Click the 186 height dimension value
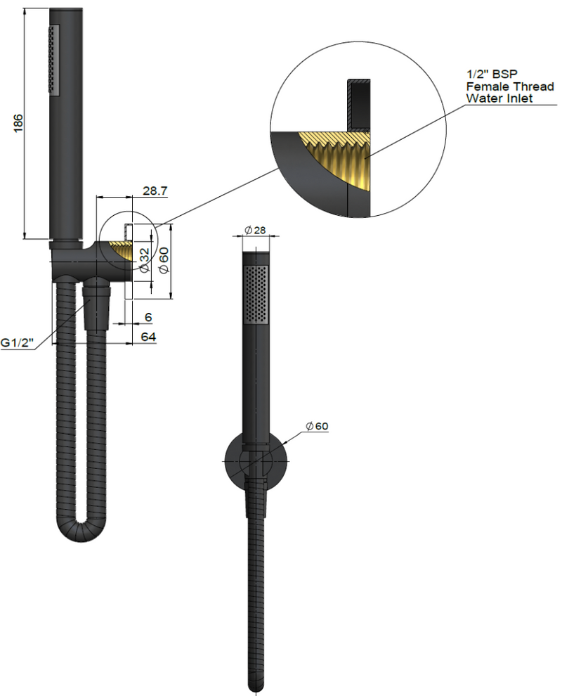18,122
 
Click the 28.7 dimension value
155,191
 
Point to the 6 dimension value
149,318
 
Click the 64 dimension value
148,337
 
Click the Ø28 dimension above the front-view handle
254,231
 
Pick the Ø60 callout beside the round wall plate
318,426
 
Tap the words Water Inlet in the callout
499,98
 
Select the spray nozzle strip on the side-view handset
52,60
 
